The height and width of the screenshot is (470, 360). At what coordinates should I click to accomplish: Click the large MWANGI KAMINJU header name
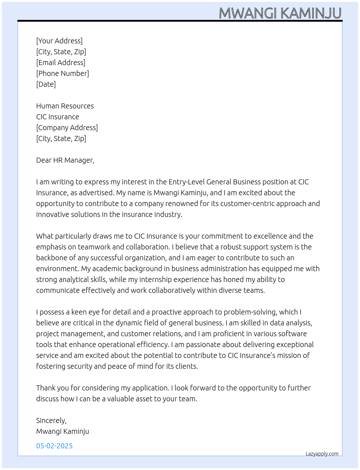[280, 13]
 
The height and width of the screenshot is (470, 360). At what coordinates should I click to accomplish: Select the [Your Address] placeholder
[59, 41]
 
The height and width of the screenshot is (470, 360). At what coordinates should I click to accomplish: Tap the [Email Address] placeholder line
[61, 63]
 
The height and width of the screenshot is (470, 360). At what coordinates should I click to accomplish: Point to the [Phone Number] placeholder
[63, 73]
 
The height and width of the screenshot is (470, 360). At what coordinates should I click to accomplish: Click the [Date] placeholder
[46, 84]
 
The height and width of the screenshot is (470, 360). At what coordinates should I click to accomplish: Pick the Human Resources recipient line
[65, 106]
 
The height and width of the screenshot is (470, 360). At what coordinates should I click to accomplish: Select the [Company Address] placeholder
[67, 128]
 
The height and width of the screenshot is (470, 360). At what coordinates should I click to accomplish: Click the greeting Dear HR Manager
[65, 160]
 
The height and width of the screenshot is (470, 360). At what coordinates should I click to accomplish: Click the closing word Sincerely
[51, 420]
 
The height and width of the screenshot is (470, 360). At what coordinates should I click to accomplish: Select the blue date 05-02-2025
[54, 446]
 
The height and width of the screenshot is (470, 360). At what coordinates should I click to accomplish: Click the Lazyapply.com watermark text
[322, 454]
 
